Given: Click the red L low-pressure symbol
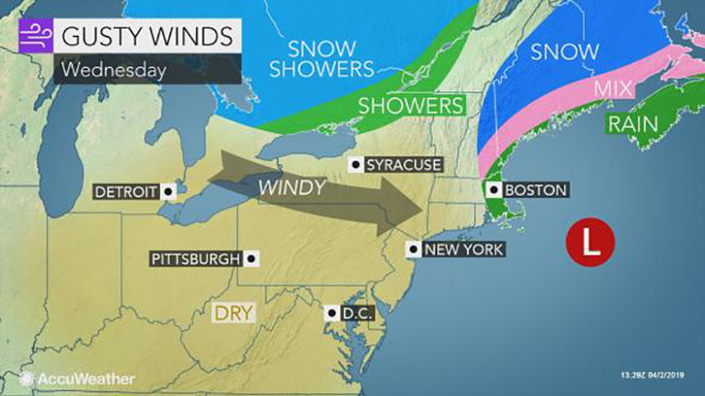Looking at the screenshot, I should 591,240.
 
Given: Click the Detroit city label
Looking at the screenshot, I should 126,192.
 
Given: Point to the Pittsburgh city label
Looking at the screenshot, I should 196,259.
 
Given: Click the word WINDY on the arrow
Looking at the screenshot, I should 292,187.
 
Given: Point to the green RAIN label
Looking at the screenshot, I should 633,125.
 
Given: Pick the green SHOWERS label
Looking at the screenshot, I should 410,106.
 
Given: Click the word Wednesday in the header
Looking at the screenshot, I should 113,69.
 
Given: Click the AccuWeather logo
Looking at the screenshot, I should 78,379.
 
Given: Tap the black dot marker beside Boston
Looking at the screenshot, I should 494,190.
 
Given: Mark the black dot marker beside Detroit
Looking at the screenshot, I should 167,192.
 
